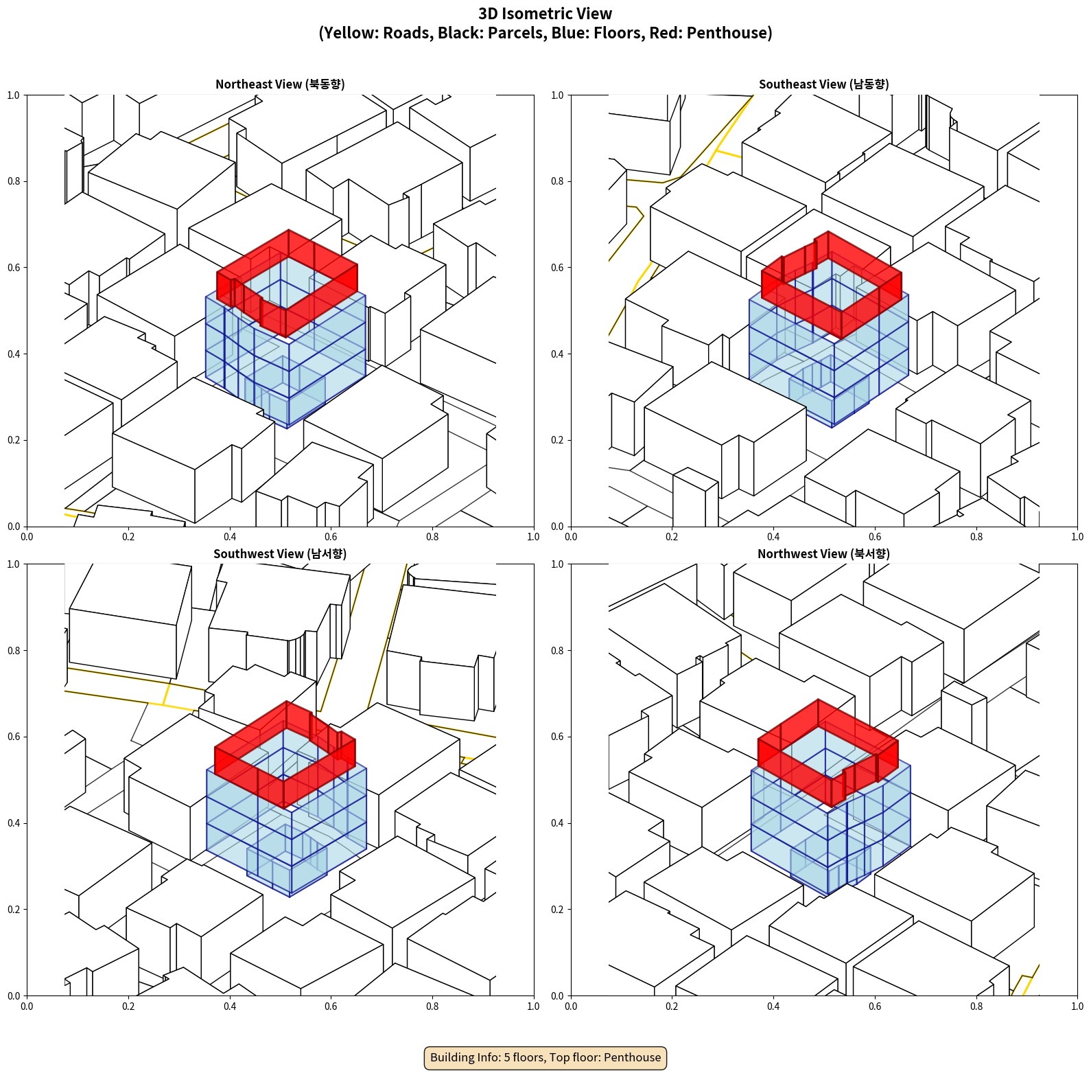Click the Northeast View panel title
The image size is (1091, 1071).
pos(280,84)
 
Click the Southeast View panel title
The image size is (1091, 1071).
pos(823,84)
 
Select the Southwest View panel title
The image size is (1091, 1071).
pos(280,553)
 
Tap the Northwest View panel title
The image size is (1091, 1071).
pos(823,553)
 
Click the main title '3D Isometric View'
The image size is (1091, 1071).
pos(545,14)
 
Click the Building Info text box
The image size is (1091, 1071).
pos(545,1057)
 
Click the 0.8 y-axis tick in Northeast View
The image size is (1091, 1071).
pos(14,181)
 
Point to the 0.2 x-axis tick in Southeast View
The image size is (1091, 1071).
pos(672,537)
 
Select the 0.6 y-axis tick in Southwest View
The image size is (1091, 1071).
pos(14,737)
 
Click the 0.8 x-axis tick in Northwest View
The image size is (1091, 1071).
pos(976,1006)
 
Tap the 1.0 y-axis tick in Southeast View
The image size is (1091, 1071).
pos(557,95)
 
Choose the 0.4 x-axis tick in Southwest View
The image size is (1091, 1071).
pos(230,1006)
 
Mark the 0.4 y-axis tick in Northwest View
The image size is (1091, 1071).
pos(557,823)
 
